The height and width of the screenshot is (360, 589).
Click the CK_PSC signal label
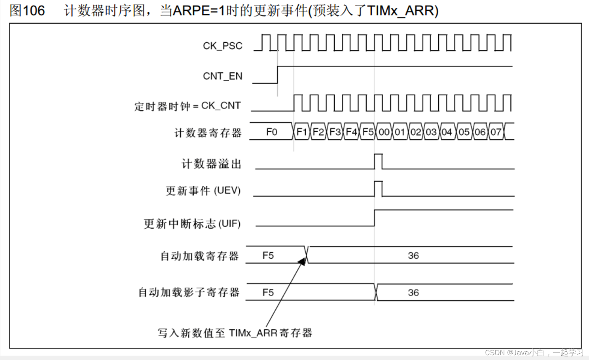tap(222, 46)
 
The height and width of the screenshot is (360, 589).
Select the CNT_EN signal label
tap(222, 76)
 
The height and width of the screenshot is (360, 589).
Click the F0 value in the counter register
tap(271, 132)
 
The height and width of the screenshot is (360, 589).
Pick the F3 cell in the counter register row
tap(335, 132)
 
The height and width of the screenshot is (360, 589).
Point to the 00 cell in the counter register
tap(384, 132)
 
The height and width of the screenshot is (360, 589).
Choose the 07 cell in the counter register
tap(496, 132)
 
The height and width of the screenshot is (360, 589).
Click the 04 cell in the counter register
tap(447, 132)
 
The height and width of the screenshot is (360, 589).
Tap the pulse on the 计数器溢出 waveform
tap(378, 161)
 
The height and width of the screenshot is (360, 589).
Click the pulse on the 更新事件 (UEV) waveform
tap(378, 189)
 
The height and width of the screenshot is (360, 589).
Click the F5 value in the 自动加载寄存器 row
tap(268, 256)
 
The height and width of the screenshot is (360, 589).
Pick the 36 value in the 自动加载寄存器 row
tap(413, 256)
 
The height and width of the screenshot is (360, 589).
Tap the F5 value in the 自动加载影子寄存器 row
tap(268, 292)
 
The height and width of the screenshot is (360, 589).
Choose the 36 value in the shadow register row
tap(413, 292)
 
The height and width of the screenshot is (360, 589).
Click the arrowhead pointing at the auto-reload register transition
tap(302, 261)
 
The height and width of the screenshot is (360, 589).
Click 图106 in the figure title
tap(27, 11)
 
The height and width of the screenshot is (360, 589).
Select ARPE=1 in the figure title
tap(196, 11)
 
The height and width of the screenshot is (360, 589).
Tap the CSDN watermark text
tap(494, 352)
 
